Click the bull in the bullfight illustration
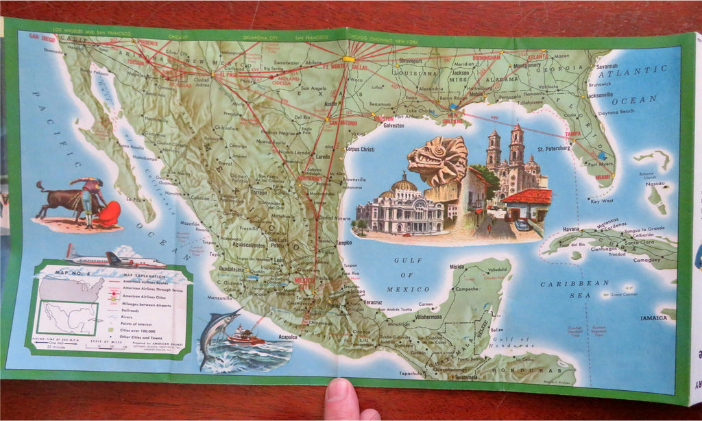61,200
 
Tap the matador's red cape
108,214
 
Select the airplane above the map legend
113,258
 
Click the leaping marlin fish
215,333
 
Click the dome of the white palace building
404,185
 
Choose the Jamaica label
653,317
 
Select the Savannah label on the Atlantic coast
607,67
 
